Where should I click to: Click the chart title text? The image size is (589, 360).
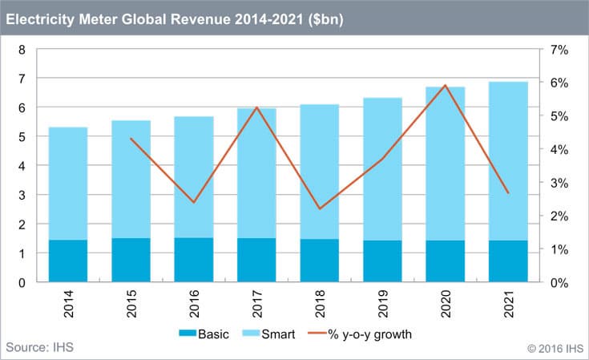click(175, 19)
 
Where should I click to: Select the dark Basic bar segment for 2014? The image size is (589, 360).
click(68, 261)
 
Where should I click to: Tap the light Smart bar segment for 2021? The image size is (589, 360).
click(508, 161)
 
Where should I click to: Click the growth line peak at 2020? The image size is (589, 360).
click(445, 85)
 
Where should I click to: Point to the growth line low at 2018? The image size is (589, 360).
click(320, 208)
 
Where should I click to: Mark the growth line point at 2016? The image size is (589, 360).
click(194, 202)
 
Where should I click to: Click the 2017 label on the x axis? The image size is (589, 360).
click(257, 304)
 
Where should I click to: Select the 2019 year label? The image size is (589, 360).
click(382, 304)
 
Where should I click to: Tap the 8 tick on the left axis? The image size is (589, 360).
click(22, 50)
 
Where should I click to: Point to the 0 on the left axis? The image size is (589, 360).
click(22, 282)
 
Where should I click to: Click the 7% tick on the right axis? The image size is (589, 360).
click(559, 50)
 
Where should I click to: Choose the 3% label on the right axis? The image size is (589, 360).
click(559, 183)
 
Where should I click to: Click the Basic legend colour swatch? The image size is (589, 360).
click(188, 333)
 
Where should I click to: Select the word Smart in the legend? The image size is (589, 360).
click(278, 334)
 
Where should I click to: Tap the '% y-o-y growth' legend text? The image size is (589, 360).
click(369, 334)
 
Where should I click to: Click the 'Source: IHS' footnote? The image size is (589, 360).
click(39, 347)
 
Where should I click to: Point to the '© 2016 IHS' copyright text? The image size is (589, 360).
click(555, 349)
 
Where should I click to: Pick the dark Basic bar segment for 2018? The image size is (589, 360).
click(320, 261)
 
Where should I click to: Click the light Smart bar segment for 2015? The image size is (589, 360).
click(131, 180)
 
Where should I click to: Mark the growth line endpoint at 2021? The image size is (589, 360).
click(508, 193)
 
